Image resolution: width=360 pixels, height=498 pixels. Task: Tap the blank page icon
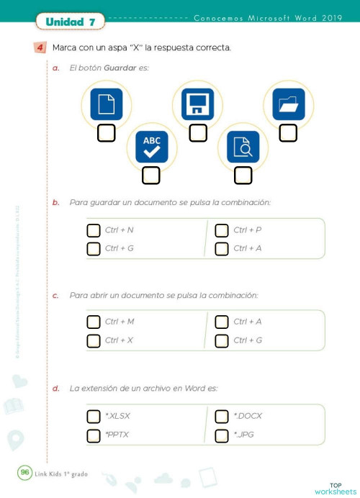coord(107,105)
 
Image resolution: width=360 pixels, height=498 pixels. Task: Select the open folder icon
coord(288,105)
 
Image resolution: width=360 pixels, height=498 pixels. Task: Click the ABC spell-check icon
coord(151,147)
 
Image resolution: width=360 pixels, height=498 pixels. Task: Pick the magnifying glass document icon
coord(243,147)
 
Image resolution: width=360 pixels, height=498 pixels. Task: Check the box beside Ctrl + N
coord(93,230)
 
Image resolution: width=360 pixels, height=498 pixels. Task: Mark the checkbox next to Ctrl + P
coord(222,230)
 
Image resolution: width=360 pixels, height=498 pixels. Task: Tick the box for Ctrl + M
coord(93,322)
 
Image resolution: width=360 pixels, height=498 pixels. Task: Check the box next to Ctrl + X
coord(93,340)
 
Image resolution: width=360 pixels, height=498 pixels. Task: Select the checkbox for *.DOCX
coord(222,416)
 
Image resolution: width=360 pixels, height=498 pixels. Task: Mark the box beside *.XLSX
coord(93,416)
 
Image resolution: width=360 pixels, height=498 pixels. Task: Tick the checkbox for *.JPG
coord(222,435)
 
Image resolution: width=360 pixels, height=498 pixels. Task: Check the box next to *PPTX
coord(93,435)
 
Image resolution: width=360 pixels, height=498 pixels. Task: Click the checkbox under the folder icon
coord(288,132)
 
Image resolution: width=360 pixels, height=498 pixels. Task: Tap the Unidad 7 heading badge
coord(71,22)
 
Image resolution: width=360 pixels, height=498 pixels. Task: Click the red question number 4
coord(40,48)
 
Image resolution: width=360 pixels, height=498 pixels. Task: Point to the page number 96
coord(24,472)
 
